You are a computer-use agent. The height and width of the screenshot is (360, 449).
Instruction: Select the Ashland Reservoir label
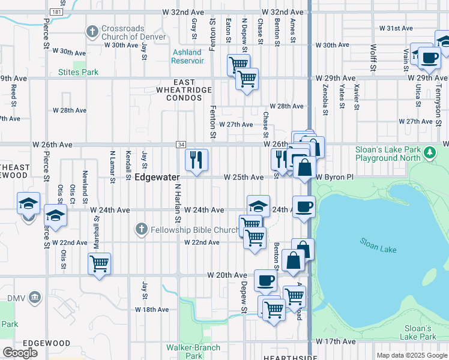coord(187,56)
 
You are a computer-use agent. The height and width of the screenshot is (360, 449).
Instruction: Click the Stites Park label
coord(78,72)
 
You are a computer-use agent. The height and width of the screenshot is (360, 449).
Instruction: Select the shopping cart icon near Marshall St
coord(99,263)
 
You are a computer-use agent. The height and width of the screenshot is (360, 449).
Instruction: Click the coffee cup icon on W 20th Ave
coord(265,280)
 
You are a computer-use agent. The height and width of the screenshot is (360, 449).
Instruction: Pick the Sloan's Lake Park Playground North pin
coord(429,153)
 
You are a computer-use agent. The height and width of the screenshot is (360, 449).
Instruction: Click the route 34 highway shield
coord(180,145)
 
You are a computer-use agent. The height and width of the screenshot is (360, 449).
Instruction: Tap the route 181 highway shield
coord(56,12)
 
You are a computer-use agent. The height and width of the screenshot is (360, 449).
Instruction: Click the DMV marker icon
coord(35,298)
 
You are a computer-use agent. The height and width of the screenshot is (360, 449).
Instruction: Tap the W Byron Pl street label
coord(336,178)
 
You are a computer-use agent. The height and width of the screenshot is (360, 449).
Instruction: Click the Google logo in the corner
coord(20,353)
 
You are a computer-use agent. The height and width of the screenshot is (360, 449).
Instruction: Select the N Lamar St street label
coord(112,164)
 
